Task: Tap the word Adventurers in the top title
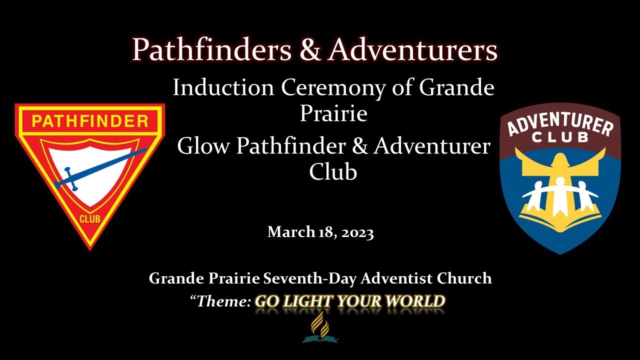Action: click(413, 50)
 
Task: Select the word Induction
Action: click(223, 88)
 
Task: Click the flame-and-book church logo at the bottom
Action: click(320, 328)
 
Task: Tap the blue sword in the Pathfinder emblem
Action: click(100, 168)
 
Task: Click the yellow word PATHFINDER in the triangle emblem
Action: click(90, 121)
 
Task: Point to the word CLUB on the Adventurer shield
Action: click(560, 137)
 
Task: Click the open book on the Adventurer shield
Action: click(559, 216)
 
